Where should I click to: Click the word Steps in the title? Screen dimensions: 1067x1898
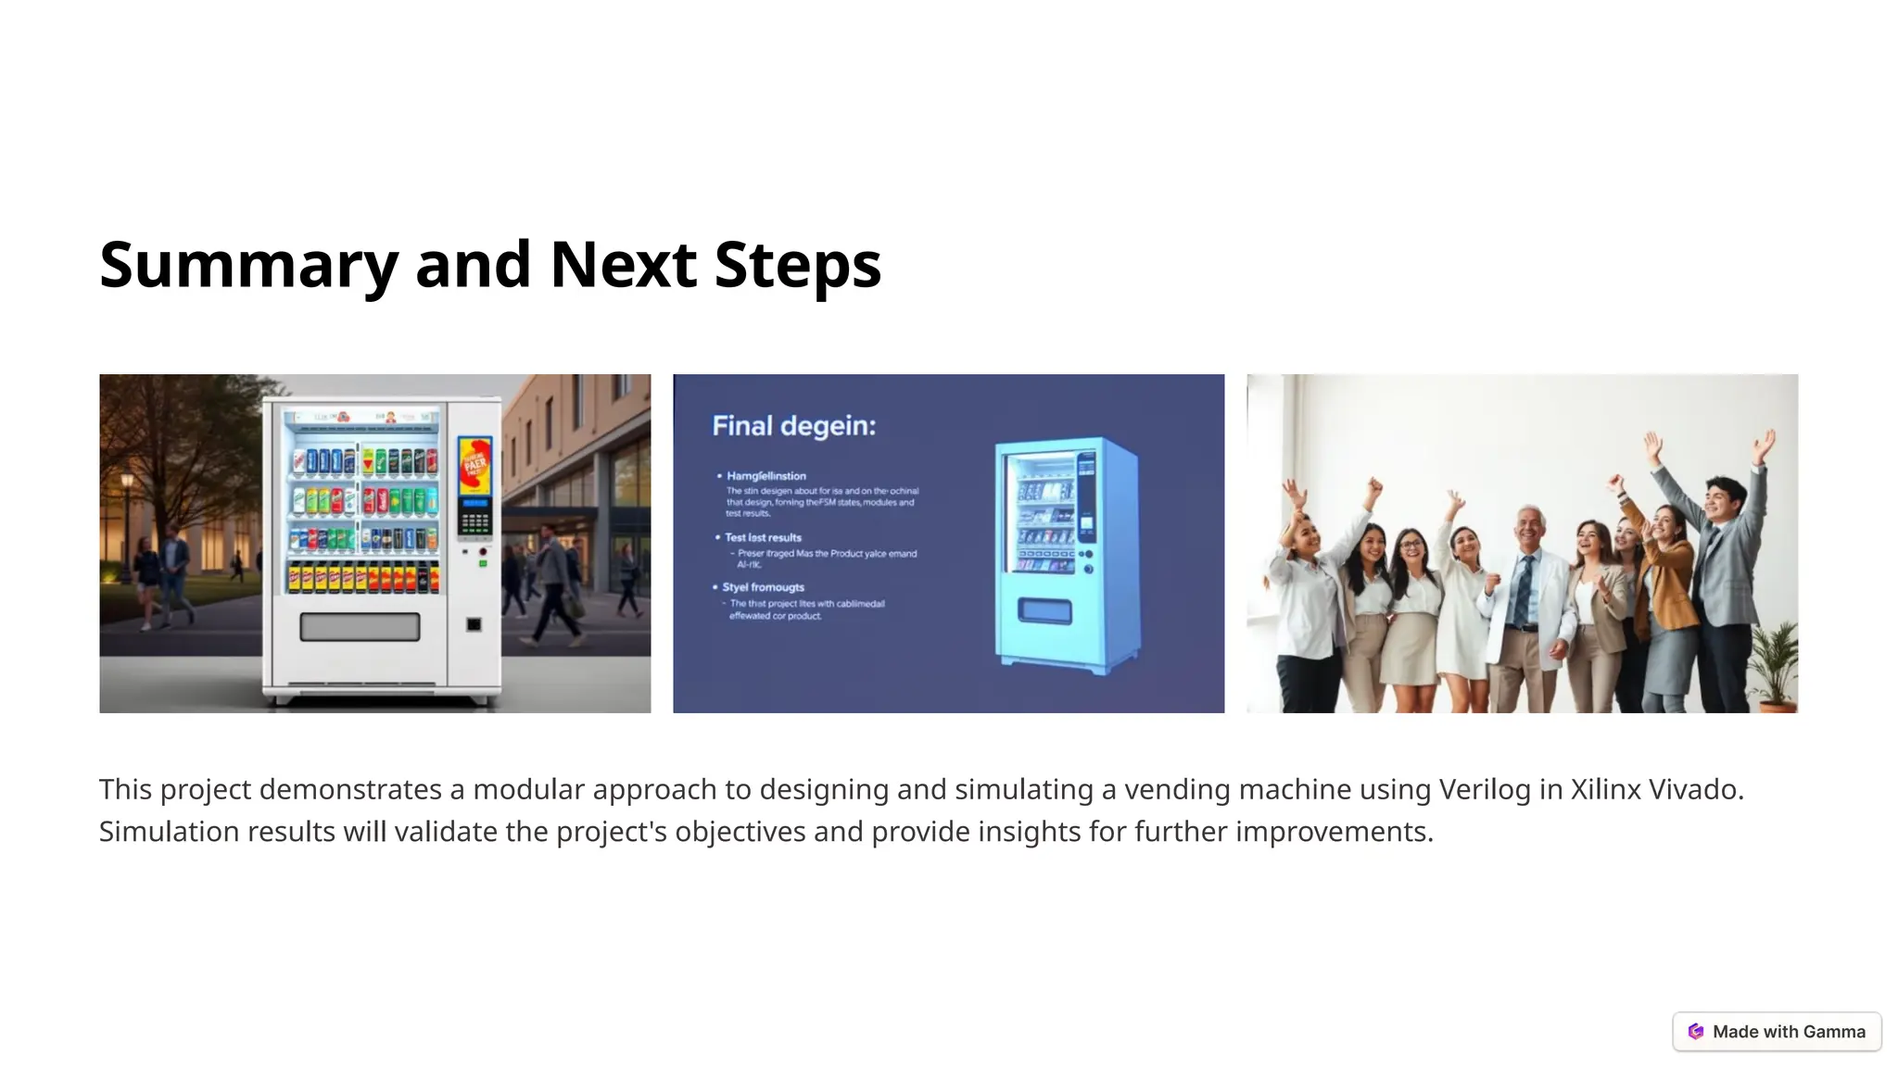pyautogui.click(x=797, y=265)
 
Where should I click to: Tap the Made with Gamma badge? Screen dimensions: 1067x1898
pyautogui.click(x=1777, y=1032)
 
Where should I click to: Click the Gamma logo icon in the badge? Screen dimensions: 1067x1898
pyautogui.click(x=1696, y=1032)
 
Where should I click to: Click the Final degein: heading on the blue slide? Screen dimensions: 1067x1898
pyautogui.click(x=793, y=426)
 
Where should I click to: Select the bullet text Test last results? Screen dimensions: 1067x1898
pyautogui.click(x=763, y=537)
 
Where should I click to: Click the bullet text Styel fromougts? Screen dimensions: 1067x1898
pyautogui.click(x=763, y=587)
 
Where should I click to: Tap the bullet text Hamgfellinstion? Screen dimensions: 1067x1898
pyautogui.click(x=766, y=476)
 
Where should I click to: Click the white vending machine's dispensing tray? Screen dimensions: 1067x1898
pyautogui.click(x=360, y=627)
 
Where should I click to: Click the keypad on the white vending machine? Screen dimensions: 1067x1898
pyautogui.click(x=474, y=523)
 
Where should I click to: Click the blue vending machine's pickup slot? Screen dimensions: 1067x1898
pyautogui.click(x=1044, y=611)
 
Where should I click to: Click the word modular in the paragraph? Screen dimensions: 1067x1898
pyautogui.click(x=528, y=789)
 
